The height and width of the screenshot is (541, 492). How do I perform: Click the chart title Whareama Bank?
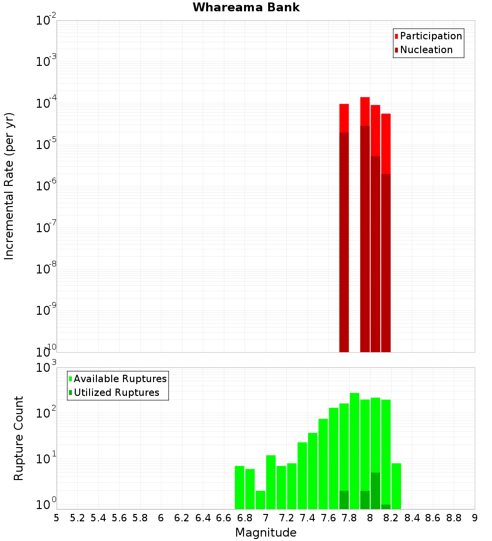pyautogui.click(x=246, y=7)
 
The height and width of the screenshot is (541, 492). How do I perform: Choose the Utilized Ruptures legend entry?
pyautogui.click(x=116, y=392)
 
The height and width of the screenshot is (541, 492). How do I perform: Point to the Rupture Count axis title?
pyautogui.click(x=19, y=438)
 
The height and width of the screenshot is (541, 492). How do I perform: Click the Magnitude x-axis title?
pyautogui.click(x=266, y=533)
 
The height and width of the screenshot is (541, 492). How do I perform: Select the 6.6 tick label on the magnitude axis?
pyautogui.click(x=224, y=517)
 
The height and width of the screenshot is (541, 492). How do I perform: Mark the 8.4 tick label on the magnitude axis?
pyautogui.click(x=412, y=517)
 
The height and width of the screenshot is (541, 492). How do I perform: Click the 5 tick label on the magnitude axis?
pyautogui.click(x=57, y=517)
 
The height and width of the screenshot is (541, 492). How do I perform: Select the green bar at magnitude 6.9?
pyautogui.click(x=250, y=489)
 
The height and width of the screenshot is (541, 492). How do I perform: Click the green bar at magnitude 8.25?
pyautogui.click(x=396, y=485)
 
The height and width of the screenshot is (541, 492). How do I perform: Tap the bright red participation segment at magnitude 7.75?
pyautogui.click(x=344, y=118)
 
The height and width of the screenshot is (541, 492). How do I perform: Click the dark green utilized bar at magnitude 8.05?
pyautogui.click(x=375, y=490)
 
